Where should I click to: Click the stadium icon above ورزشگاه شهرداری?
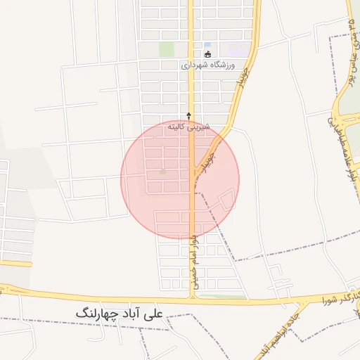click(207, 54)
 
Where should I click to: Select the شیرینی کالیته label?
click(186, 127)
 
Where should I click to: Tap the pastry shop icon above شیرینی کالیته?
click(188, 115)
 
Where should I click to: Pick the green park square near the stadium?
click(166, 49)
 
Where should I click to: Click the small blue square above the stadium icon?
click(207, 45)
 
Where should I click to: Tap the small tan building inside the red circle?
click(163, 172)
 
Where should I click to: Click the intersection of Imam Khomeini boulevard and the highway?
click(191, 295)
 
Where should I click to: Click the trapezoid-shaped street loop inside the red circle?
click(226, 200)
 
